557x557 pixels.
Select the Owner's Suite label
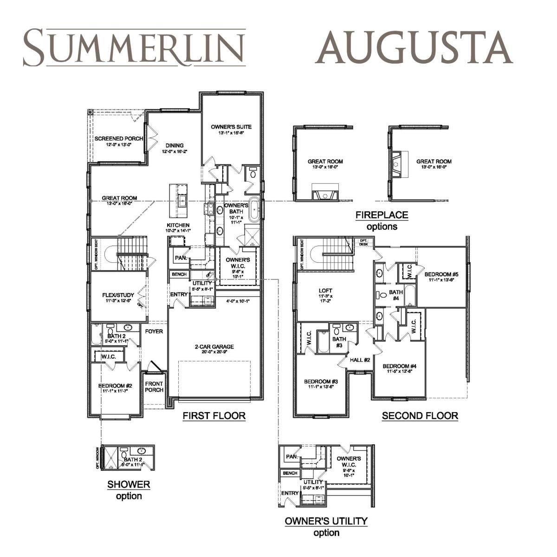pyautogui.click(x=231, y=127)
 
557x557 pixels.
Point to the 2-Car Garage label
pyautogui.click(x=214, y=347)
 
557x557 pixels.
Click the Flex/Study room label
pyautogui.click(x=118, y=295)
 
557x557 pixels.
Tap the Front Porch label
pyautogui.click(x=154, y=387)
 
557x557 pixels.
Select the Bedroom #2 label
pyautogui.click(x=115, y=386)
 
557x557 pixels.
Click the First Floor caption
pyautogui.click(x=214, y=415)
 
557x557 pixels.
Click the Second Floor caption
pyautogui.click(x=420, y=416)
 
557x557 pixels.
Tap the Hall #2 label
pyautogui.click(x=360, y=360)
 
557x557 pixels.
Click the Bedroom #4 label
pyautogui.click(x=399, y=366)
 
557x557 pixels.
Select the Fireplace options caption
pyautogui.click(x=382, y=220)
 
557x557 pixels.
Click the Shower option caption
pyautogui.click(x=129, y=490)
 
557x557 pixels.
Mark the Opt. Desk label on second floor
pyautogui.click(x=363, y=242)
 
